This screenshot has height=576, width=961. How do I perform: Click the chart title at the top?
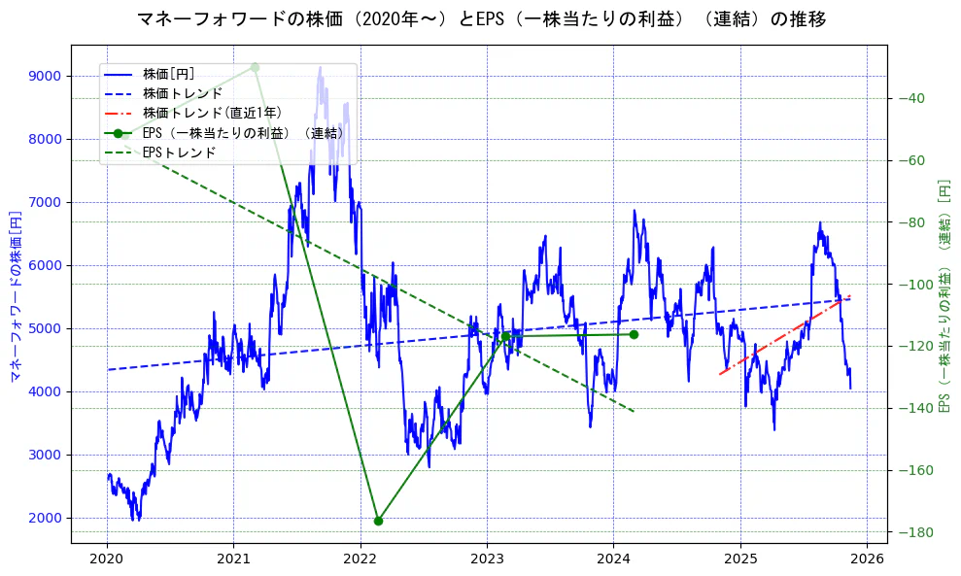pos(481,19)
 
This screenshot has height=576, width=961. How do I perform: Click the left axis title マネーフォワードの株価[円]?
pos(16,294)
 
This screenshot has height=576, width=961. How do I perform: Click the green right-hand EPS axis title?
pos(944,294)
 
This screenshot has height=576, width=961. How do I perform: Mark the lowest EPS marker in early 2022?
pos(378,521)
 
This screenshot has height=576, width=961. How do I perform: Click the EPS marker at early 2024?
pos(634,334)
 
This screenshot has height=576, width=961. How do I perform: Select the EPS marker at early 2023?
pos(505,336)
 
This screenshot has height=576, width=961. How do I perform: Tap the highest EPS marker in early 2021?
pos(255,67)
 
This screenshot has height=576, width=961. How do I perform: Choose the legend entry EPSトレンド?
pos(179,152)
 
